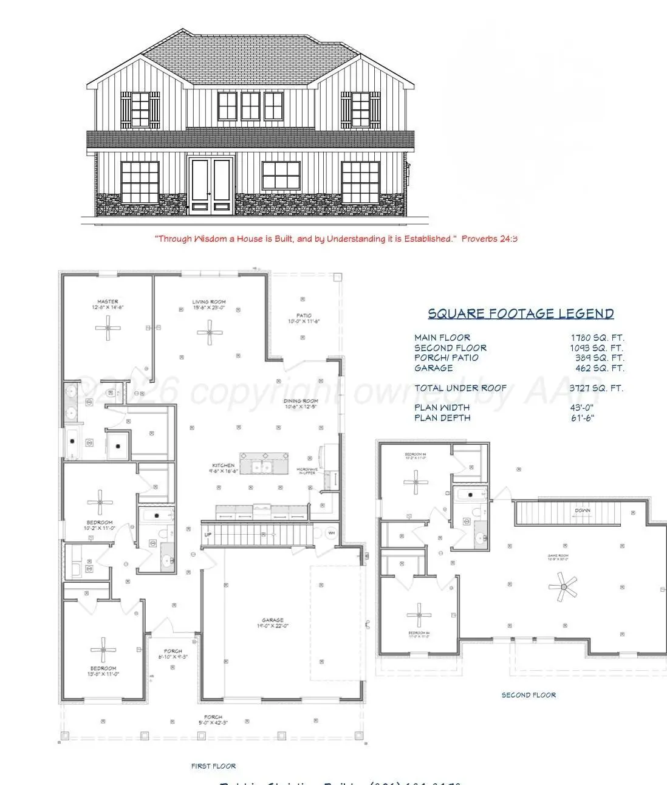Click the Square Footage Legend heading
(x=521, y=314)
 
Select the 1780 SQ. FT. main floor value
(x=597, y=338)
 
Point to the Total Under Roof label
(x=460, y=388)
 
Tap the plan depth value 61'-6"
(x=582, y=418)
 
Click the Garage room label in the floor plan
(x=273, y=620)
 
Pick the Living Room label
(x=209, y=301)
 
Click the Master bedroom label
(x=108, y=301)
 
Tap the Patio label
(x=304, y=315)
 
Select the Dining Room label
(x=301, y=401)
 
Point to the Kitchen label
(x=224, y=465)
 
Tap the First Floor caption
(x=213, y=766)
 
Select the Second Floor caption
(x=528, y=695)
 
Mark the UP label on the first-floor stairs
(x=208, y=535)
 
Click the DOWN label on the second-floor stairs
(x=582, y=510)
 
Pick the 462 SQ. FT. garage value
(x=603, y=368)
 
